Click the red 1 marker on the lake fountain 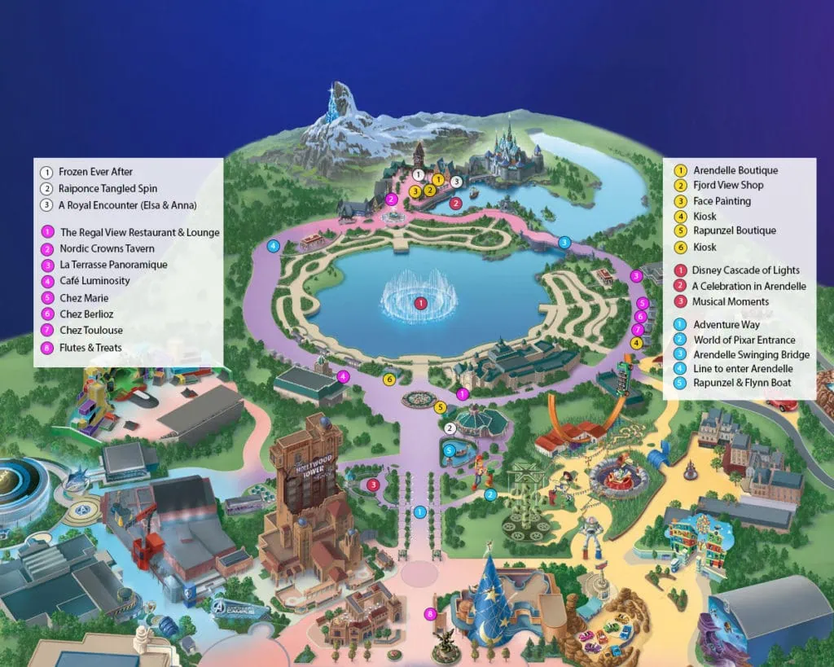[x=420, y=303]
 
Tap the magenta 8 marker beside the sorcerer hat [x=431, y=613]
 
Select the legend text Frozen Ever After [x=95, y=172]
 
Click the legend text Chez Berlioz [x=86, y=314]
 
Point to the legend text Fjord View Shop [x=728, y=186]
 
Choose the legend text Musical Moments [x=731, y=301]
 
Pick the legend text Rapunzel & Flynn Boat [x=742, y=383]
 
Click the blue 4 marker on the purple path [x=274, y=245]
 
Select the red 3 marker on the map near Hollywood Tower [x=372, y=485]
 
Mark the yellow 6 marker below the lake [x=389, y=379]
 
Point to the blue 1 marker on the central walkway [x=419, y=511]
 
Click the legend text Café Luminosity [x=94, y=281]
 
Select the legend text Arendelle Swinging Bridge [x=751, y=355]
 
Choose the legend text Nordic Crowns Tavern [x=107, y=248]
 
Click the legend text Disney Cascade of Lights [x=745, y=270]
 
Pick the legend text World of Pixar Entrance [x=744, y=340]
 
